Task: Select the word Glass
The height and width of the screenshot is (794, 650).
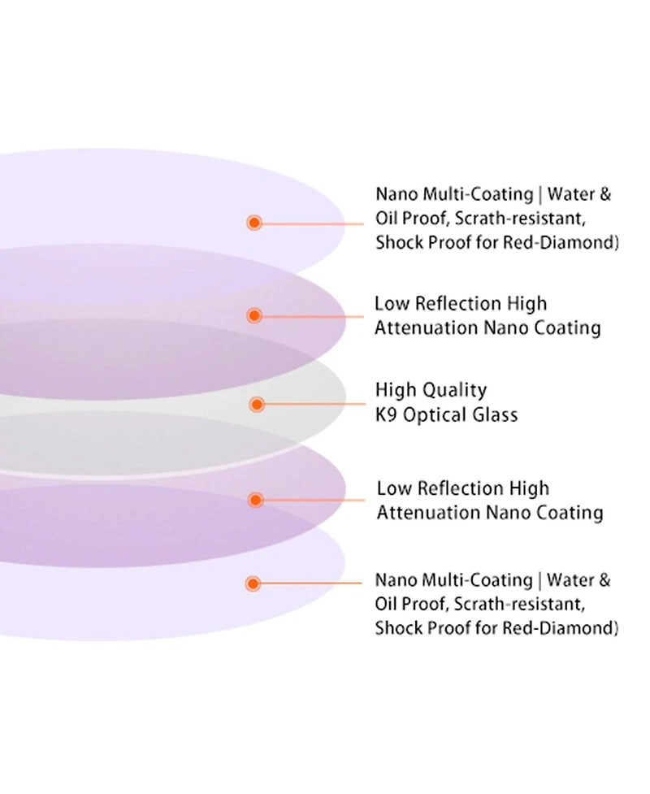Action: tap(495, 415)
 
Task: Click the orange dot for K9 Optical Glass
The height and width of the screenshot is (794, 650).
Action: tap(258, 404)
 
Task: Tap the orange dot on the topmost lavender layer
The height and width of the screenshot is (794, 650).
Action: tap(254, 223)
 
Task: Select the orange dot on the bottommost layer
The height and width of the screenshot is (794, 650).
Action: tap(253, 584)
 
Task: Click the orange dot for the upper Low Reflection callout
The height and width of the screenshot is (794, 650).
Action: tap(254, 316)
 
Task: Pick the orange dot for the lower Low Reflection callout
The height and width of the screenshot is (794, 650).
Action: tap(256, 500)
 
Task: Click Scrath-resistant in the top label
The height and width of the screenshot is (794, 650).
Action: tap(520, 219)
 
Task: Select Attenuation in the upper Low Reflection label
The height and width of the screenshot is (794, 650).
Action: tap(427, 328)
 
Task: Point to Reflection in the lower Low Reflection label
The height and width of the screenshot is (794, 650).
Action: tap(461, 488)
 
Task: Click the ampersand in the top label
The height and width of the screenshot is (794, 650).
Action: tap(605, 194)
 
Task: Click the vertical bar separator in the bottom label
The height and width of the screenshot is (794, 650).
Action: tap(539, 581)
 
